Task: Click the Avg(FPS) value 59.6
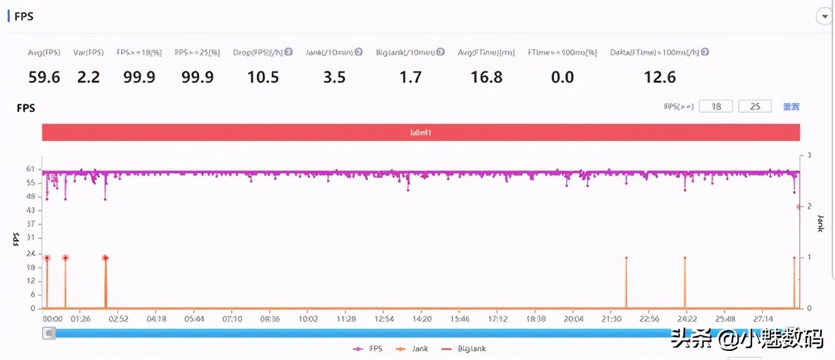click(x=44, y=78)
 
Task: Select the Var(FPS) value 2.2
click(x=89, y=78)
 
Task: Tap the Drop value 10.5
click(x=263, y=78)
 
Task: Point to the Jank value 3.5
click(x=334, y=78)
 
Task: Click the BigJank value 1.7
click(x=410, y=78)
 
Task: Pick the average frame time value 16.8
click(x=487, y=78)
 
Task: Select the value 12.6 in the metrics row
click(x=660, y=78)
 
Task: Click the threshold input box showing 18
click(x=716, y=106)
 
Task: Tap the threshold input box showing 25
click(x=755, y=106)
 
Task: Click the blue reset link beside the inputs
click(x=791, y=106)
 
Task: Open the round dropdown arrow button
click(x=824, y=17)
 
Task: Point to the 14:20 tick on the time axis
click(x=422, y=319)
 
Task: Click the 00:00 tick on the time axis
click(x=52, y=319)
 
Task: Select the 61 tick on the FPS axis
click(x=31, y=169)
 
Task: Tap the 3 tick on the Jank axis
click(x=809, y=156)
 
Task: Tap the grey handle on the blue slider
click(x=49, y=333)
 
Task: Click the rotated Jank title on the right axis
click(x=821, y=224)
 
